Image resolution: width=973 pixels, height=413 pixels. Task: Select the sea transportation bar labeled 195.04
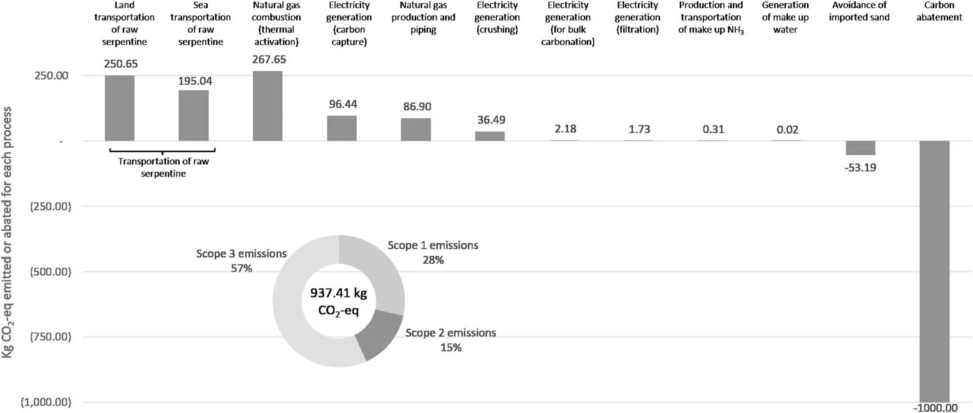pos(193,115)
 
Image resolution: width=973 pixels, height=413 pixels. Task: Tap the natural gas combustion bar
pos(268,105)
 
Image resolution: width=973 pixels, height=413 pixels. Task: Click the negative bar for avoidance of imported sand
pos(860,148)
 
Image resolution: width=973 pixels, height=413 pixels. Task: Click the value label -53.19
pos(860,167)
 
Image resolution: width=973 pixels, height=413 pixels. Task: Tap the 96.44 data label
pos(341,104)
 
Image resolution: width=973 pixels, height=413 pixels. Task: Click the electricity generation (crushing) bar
pos(490,136)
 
